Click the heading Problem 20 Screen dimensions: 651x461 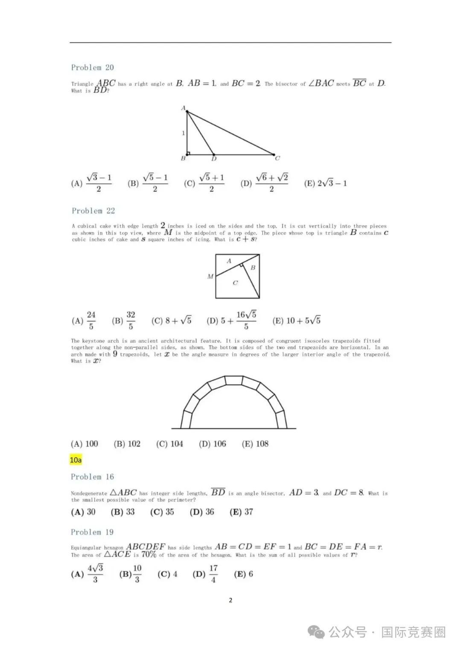point(92,67)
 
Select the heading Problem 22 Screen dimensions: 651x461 point(93,211)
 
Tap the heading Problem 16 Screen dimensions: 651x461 point(92,477)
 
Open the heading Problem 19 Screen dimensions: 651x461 point(92,532)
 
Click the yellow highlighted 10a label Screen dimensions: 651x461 point(76,460)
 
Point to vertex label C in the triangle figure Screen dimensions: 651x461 point(277,158)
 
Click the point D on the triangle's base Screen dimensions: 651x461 point(214,154)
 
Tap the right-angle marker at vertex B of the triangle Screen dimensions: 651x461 point(188,153)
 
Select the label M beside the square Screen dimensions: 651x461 point(210,276)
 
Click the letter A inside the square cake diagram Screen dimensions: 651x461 point(229,261)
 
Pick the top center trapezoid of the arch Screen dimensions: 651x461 point(234,380)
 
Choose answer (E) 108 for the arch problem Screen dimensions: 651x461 point(255,444)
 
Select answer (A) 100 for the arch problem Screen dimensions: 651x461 point(85,444)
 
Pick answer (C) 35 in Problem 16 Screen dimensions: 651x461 point(162,512)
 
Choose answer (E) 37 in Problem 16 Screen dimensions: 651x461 point(241,512)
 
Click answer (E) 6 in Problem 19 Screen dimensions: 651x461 point(243,574)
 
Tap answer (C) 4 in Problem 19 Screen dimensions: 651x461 point(167,574)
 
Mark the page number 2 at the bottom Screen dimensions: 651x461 point(230,600)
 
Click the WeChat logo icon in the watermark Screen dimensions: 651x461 point(316,632)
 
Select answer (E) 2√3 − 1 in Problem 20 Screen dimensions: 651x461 point(325,183)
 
